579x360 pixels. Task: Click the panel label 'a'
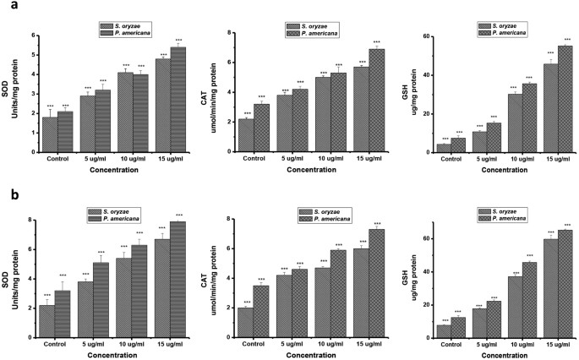tap(8, 8)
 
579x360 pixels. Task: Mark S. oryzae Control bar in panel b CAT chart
tap(245, 321)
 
